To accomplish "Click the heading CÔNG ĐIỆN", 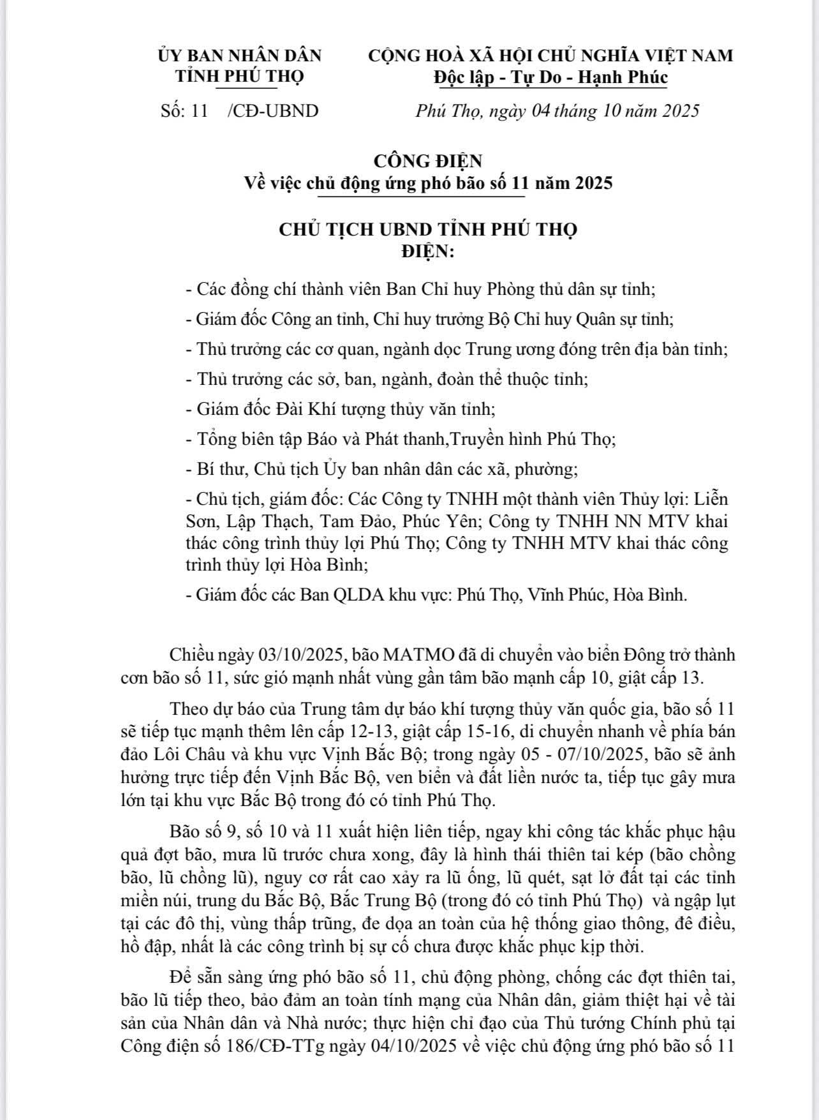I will tap(428, 160).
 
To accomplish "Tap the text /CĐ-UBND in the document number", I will tap(273, 111).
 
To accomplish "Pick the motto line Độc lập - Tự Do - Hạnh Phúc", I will tap(550, 77).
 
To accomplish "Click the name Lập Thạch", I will tap(276, 521).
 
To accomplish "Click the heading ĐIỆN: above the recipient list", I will tap(428, 252).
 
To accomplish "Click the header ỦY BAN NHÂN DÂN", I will tap(240, 56).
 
